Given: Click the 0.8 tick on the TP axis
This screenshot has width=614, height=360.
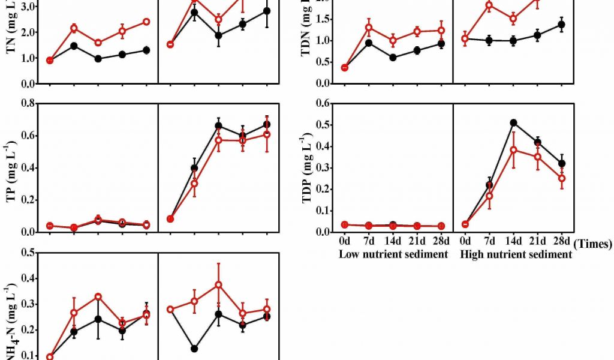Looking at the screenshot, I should click(26, 103).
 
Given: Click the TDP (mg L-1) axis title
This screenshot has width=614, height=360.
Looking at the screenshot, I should click(306, 169).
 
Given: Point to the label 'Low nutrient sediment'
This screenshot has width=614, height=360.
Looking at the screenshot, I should click(393, 254).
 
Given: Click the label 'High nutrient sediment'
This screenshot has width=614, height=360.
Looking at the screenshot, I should click(516, 254).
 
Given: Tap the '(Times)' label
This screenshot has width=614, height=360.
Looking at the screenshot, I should click(592, 244).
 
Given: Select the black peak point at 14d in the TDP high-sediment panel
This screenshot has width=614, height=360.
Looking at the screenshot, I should click(513, 122).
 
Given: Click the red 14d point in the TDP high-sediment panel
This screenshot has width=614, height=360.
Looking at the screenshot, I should click(513, 149).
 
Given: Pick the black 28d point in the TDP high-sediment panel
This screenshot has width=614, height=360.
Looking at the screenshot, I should click(562, 163).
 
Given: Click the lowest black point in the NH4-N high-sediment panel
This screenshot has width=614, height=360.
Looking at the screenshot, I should click(194, 349).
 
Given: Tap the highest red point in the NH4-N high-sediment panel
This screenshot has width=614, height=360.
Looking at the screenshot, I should click(218, 284).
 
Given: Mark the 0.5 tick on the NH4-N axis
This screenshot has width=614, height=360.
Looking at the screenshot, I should click(26, 253).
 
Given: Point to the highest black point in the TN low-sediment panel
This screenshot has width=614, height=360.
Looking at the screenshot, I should click(74, 46).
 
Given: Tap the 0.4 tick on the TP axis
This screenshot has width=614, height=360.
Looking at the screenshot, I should click(26, 167).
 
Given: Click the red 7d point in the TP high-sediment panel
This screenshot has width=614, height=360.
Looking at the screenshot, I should click(194, 184).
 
